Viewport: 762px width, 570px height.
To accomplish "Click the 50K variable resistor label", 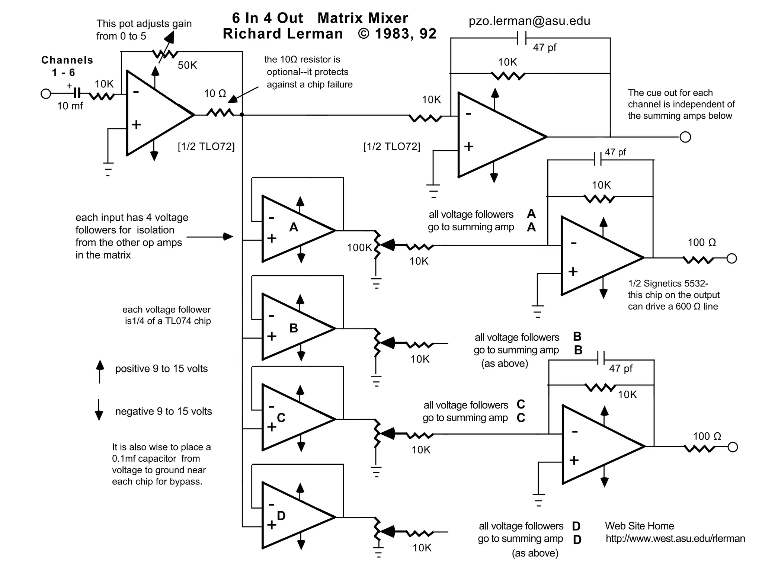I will coord(187,65).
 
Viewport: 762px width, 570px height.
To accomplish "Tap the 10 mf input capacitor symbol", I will coord(77,93).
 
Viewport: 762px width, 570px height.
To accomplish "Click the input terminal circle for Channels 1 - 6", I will coord(46,93).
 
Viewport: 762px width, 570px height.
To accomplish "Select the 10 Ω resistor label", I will coord(215,94).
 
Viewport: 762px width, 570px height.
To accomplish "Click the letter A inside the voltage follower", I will coord(294,227).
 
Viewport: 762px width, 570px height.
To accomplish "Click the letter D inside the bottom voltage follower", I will coord(281,516).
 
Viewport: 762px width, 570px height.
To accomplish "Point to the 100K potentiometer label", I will coord(359,247).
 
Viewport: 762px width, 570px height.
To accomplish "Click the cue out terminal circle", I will coord(685,137).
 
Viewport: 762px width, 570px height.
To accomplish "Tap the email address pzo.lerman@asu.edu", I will coord(529,21).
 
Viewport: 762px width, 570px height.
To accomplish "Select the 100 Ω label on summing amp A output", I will coord(701,243).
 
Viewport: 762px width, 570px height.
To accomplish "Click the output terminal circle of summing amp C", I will coord(732,447).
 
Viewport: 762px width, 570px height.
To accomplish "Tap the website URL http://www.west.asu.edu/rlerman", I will coord(675,538).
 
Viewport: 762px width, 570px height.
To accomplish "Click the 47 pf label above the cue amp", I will coord(544,48).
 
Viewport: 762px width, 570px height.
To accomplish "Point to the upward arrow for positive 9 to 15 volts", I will coord(100,371).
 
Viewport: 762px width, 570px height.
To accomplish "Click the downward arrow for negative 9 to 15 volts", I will coord(99,410).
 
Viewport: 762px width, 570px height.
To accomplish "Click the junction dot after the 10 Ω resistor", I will coord(242,115).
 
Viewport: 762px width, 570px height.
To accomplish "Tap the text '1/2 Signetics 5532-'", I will coord(668,284).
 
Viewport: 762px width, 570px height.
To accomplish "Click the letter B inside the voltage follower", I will coord(294,328).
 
